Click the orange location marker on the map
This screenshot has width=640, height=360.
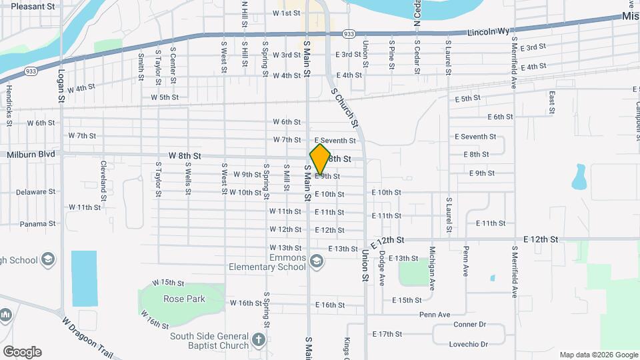pos(320,159)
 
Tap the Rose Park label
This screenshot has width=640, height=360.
pos(184,299)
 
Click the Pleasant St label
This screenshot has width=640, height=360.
pos(33,6)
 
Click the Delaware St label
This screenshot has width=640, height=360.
pos(36,192)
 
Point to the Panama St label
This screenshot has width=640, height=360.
pos(37,224)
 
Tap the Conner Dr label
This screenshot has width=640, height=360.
pos(471,325)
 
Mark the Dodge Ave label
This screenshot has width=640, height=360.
pos(381,265)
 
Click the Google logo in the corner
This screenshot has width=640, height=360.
pos(21,352)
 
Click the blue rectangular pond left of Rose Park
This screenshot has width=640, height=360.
pos(84,278)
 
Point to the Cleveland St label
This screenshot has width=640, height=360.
pos(103,180)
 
